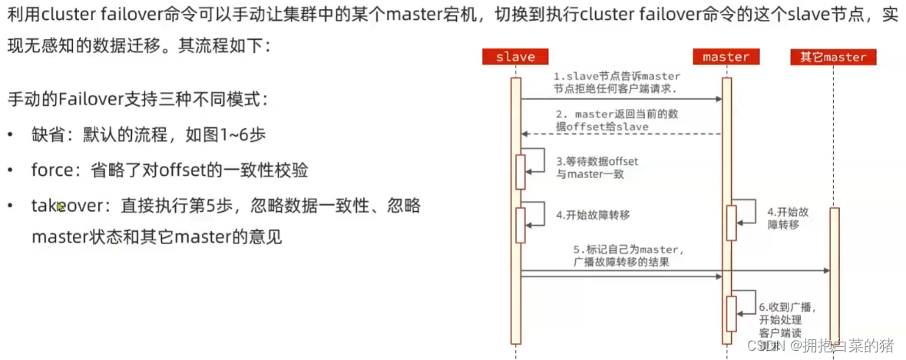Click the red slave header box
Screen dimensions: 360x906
click(515, 57)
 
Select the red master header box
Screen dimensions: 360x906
click(726, 57)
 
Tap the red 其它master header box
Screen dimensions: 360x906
click(833, 57)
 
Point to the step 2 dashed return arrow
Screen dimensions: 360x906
click(622, 134)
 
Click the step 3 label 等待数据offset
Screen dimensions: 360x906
click(597, 168)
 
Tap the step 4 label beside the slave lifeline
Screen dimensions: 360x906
click(593, 216)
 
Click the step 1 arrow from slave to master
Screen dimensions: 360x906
click(622, 99)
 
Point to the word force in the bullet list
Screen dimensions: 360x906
click(51, 170)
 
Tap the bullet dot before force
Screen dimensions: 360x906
click(11, 170)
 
